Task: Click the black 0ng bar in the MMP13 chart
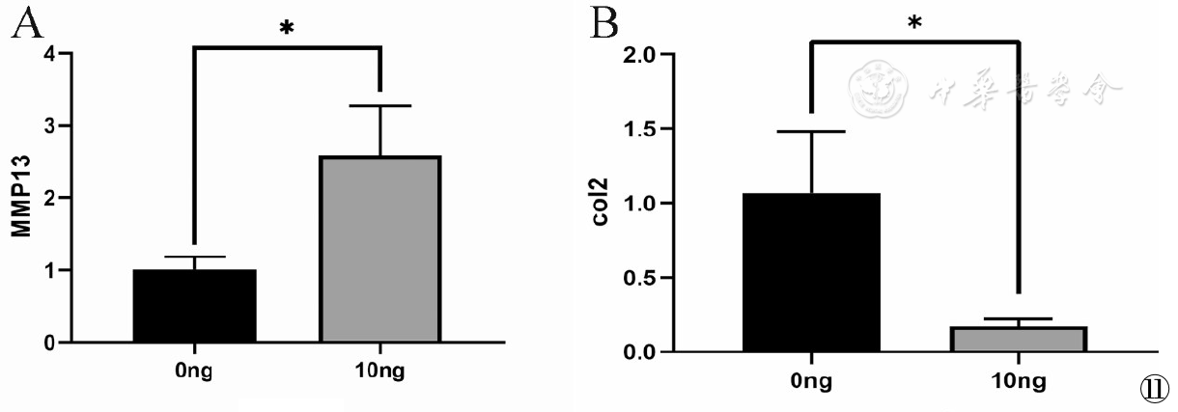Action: [x=195, y=306]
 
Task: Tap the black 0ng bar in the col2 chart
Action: [x=812, y=272]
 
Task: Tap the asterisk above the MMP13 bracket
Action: [x=286, y=29]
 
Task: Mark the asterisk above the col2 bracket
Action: [x=913, y=22]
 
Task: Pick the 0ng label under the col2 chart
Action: [x=811, y=382]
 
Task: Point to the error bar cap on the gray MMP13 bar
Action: [x=380, y=105]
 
